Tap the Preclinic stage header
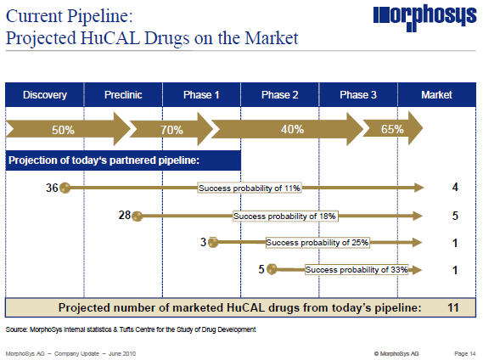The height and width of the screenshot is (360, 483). point(123,94)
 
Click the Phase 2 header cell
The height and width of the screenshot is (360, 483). point(279,94)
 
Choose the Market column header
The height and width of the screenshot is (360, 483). point(436,94)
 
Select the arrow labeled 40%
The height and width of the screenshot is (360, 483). point(292,131)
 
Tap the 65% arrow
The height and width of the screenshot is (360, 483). point(391,131)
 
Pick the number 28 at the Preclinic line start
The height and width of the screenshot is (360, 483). point(125,216)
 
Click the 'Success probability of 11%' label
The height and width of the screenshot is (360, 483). point(250,188)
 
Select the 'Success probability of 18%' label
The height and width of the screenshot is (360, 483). point(285,216)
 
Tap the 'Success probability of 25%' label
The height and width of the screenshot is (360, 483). point(317,242)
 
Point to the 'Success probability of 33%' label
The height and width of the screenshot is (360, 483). point(357,269)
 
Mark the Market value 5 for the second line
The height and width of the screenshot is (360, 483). point(455,216)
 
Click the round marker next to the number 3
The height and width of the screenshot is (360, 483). point(214,243)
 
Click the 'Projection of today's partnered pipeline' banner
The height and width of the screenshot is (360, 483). point(124,160)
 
